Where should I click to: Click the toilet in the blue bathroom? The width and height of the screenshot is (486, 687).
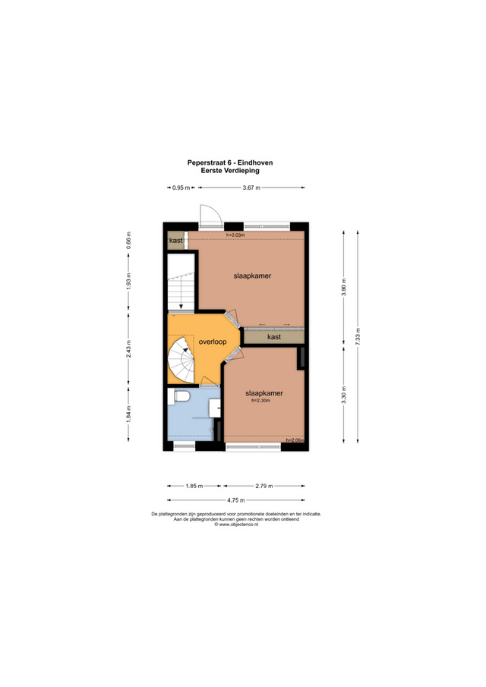click(181, 396)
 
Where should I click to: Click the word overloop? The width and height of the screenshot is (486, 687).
click(212, 342)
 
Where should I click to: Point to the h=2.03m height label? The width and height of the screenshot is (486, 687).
click(236, 235)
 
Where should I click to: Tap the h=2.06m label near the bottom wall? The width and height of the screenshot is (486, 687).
click(295, 440)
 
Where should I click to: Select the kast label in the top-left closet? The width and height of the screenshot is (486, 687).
click(175, 241)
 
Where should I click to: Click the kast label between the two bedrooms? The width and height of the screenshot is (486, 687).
click(273, 336)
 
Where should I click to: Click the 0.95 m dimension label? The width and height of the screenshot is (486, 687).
click(180, 188)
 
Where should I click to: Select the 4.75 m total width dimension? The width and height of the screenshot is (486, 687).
click(235, 500)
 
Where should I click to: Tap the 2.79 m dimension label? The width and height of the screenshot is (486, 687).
click(264, 486)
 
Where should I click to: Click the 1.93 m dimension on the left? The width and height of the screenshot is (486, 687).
click(129, 281)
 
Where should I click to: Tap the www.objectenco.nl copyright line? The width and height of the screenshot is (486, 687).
click(235, 524)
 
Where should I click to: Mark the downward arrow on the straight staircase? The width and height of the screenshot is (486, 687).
click(181, 307)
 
